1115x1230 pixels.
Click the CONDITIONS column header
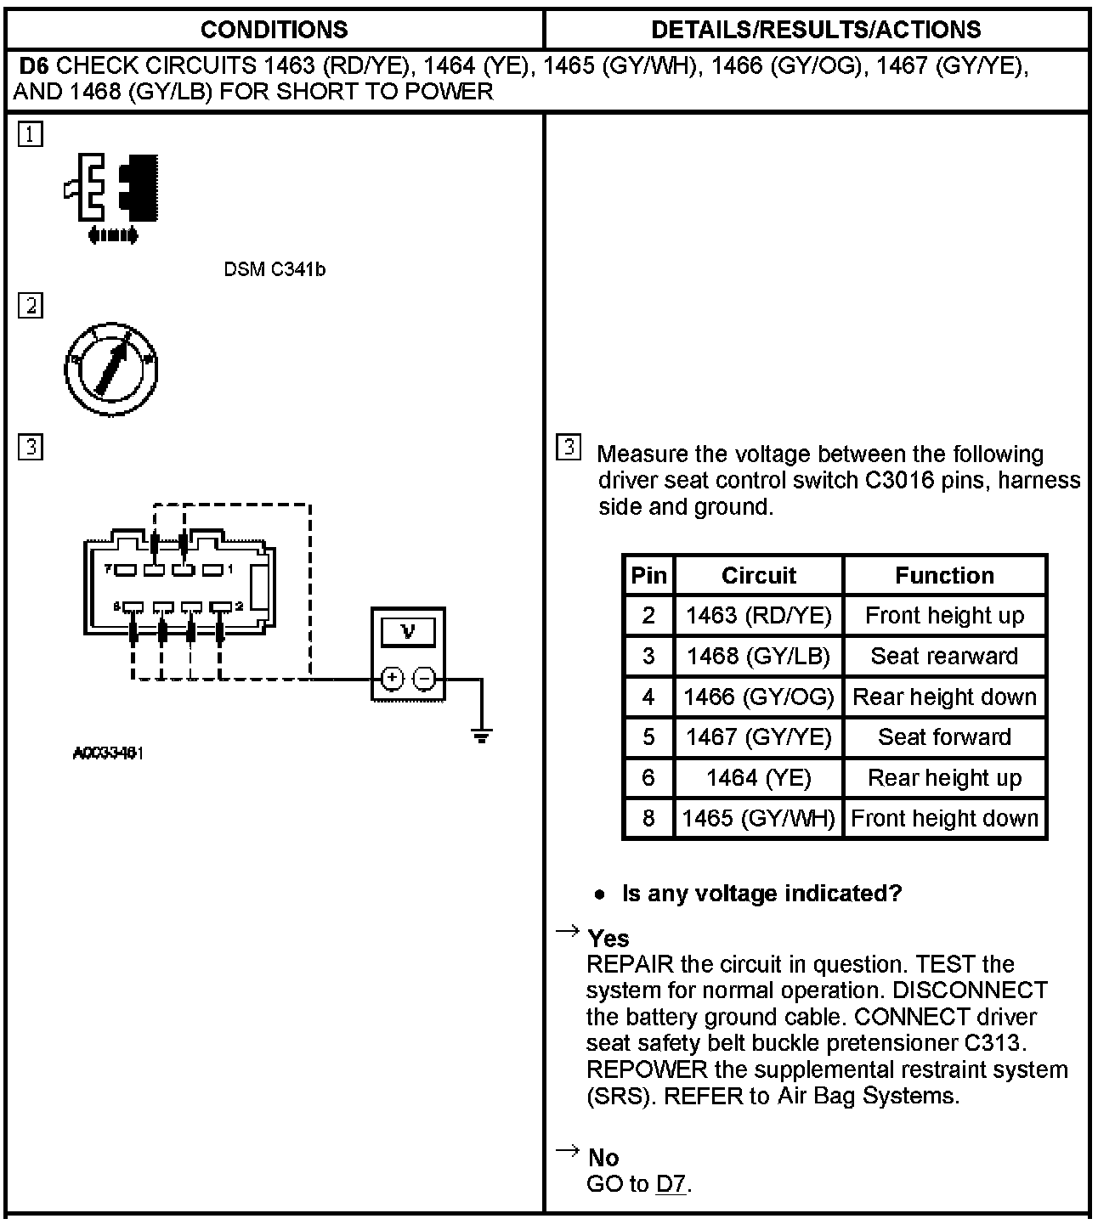pos(274,30)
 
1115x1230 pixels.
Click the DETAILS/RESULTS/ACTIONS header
pos(815,30)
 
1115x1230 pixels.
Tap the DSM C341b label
pos(275,270)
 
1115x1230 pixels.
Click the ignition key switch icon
pos(111,370)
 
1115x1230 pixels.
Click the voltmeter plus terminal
pos(392,679)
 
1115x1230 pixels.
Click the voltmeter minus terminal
pos(424,679)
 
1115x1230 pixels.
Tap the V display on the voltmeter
pos(408,632)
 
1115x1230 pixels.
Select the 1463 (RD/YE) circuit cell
pos(758,615)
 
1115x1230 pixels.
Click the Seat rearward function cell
pos(944,656)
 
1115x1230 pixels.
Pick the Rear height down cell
pos(944,697)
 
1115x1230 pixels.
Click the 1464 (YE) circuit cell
pos(758,777)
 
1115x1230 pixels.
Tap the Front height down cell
pos(944,818)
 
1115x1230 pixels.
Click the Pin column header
pos(648,575)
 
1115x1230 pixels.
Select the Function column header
pos(944,575)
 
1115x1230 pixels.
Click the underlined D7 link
pos(671,1183)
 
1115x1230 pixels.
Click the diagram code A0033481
pos(108,753)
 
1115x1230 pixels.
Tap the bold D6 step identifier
pos(33,65)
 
